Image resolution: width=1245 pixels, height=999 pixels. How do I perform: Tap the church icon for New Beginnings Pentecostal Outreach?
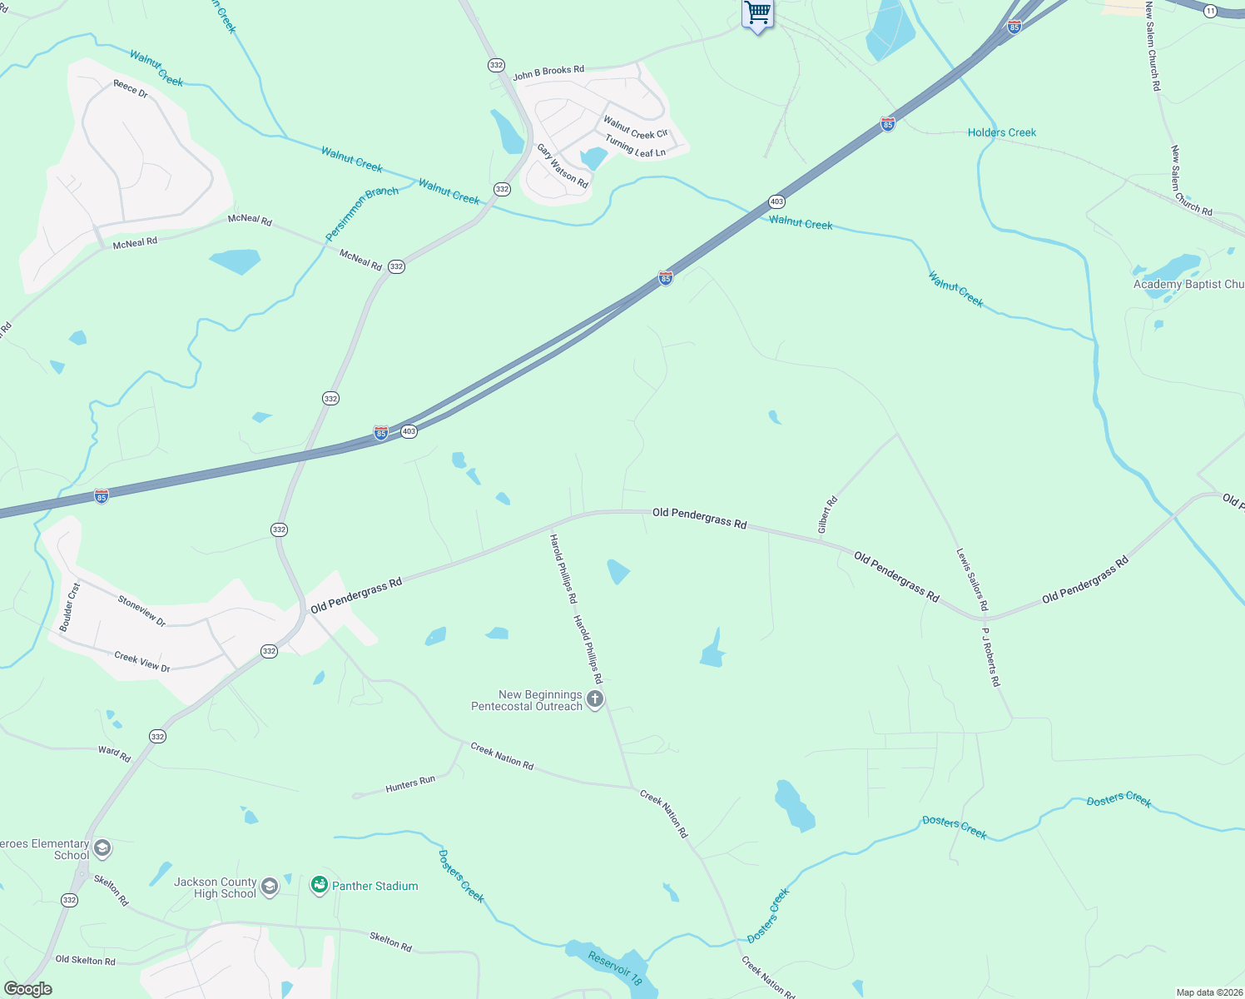[x=595, y=699]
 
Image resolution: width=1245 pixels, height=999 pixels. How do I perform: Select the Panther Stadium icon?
[x=320, y=886]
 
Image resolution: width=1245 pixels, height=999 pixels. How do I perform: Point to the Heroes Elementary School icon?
[x=102, y=849]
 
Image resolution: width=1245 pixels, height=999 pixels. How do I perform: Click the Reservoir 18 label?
[x=616, y=968]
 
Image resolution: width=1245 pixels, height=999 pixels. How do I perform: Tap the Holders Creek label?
[x=1002, y=132]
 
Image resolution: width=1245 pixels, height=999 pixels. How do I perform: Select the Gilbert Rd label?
[x=826, y=515]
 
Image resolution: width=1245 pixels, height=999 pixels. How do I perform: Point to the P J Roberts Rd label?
[x=990, y=657]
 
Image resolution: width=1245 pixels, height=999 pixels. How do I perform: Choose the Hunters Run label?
[x=410, y=784]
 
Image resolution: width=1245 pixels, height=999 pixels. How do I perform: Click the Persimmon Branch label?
[x=362, y=213]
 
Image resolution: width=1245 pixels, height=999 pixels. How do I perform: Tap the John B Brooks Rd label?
[x=548, y=73]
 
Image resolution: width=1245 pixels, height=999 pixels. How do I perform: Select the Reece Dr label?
[x=131, y=89]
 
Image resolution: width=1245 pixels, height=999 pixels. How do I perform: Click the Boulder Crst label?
[x=70, y=607]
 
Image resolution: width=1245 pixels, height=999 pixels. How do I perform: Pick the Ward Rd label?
[x=114, y=754]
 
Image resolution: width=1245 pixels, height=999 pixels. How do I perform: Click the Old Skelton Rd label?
[x=85, y=960]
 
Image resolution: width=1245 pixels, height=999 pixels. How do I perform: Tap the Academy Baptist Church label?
[x=1188, y=285]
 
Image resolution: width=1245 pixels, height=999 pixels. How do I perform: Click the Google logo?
[x=28, y=989]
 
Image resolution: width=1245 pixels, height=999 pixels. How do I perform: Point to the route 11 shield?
[x=1210, y=11]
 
